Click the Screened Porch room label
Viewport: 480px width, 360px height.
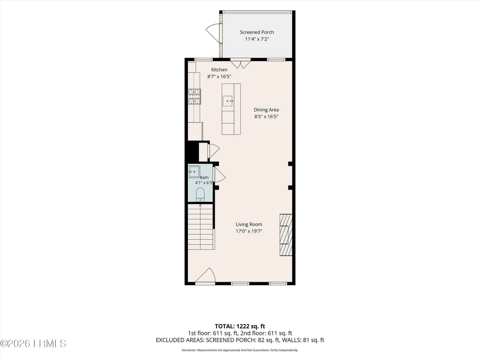click(257, 32)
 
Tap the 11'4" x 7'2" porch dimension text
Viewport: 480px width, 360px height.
click(257, 39)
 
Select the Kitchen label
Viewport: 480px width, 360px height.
click(219, 70)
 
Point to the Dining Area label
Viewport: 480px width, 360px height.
click(266, 110)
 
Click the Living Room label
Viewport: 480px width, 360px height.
click(249, 224)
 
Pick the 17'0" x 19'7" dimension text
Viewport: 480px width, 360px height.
click(249, 231)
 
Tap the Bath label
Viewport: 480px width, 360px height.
click(204, 178)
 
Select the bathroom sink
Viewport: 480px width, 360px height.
click(194, 172)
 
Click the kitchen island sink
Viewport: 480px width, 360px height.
click(227, 101)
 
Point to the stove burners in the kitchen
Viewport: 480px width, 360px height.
click(194, 96)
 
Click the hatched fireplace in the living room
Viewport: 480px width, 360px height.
click(286, 235)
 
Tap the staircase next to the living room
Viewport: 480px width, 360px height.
click(200, 227)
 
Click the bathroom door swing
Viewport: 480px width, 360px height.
click(220, 174)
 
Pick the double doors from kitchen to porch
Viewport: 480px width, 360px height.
click(240, 64)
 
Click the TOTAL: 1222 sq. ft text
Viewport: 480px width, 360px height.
click(240, 326)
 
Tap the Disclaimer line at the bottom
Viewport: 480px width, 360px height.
click(240, 350)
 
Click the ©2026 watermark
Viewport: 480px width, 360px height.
click(33, 343)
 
